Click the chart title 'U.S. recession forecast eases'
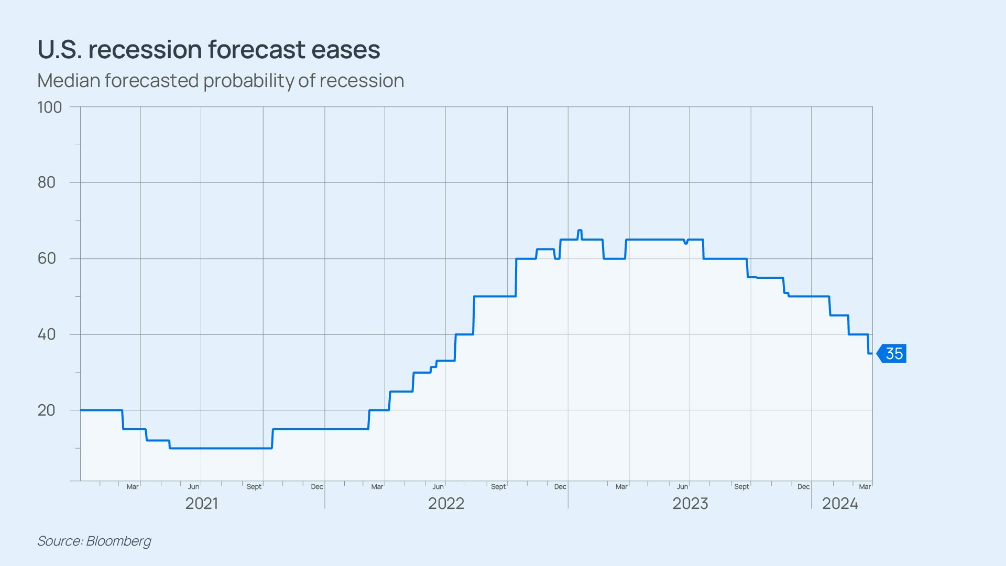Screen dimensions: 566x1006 pyautogui.click(x=209, y=50)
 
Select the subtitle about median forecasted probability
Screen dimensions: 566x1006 pyautogui.click(x=221, y=81)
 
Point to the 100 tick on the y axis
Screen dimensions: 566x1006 pyautogui.click(x=50, y=107)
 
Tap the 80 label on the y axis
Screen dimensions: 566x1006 pyautogui.click(x=47, y=182)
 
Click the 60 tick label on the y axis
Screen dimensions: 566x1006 pyautogui.click(x=47, y=258)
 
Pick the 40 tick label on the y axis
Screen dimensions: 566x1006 pyautogui.click(x=47, y=334)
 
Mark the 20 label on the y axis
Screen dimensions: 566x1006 pyautogui.click(x=47, y=410)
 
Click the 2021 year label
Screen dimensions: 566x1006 pyautogui.click(x=202, y=504)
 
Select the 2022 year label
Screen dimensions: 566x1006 pyautogui.click(x=446, y=504)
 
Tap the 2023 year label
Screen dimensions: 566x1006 pyautogui.click(x=690, y=504)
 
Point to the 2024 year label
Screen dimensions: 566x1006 pyautogui.click(x=840, y=504)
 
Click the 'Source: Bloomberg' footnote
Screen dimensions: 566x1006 pyautogui.click(x=94, y=541)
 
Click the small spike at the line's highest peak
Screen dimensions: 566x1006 pyautogui.click(x=579, y=231)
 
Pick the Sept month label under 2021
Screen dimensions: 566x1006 pyautogui.click(x=254, y=487)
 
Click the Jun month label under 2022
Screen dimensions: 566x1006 pyautogui.click(x=438, y=487)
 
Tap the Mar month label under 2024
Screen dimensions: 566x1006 pyautogui.click(x=865, y=487)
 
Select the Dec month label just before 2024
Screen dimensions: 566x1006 pyautogui.click(x=803, y=487)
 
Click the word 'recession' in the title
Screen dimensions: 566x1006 pyautogui.click(x=145, y=50)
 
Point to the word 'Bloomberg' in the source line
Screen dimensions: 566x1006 pyautogui.click(x=119, y=541)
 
